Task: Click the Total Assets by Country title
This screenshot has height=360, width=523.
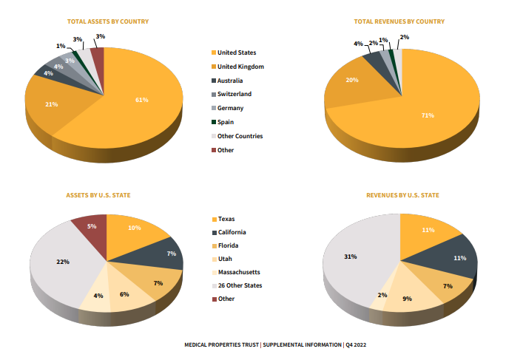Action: tap(107, 21)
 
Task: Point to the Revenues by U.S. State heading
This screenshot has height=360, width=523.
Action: tap(402, 195)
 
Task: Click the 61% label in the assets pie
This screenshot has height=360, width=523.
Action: tap(142, 99)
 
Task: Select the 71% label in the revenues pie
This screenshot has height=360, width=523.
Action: tap(428, 115)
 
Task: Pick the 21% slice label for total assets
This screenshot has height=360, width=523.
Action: tap(51, 104)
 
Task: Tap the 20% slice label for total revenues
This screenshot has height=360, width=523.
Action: tap(351, 81)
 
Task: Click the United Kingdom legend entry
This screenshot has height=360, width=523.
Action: tap(240, 67)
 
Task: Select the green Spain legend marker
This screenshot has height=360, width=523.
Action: tap(214, 122)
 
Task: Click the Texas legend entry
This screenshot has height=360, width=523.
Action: tap(227, 219)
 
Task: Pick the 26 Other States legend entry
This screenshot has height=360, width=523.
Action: tap(240, 285)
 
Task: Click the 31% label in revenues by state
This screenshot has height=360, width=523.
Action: tap(350, 257)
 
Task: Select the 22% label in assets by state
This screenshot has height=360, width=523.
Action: tap(63, 262)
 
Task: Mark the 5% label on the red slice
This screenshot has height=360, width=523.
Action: tap(92, 226)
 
